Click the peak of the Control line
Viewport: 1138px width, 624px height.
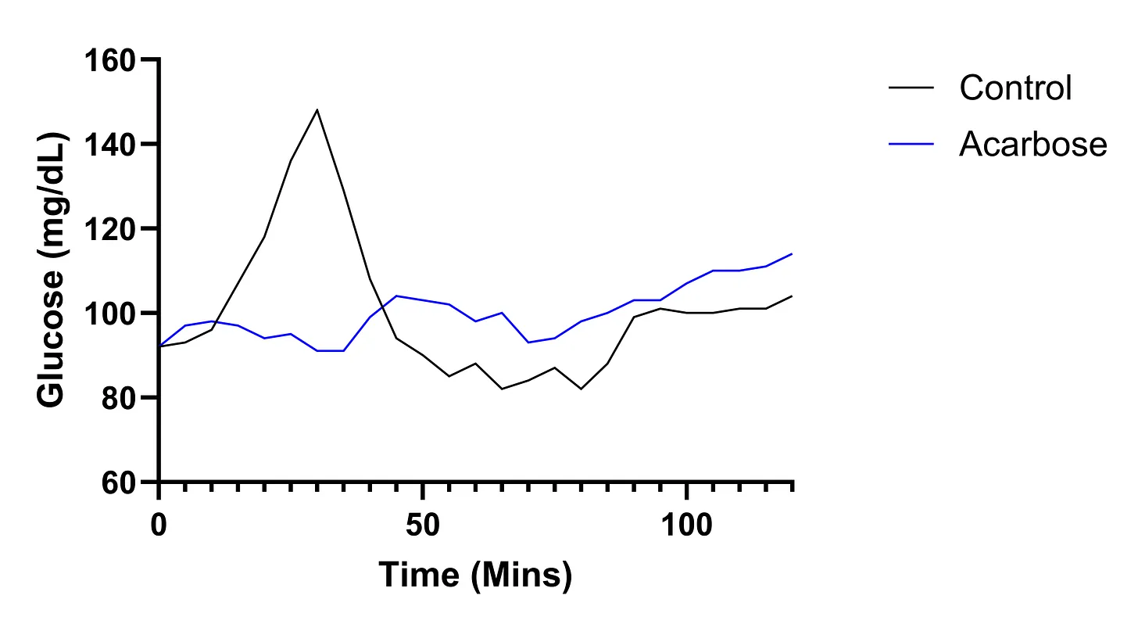click(x=317, y=109)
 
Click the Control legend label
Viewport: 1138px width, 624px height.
click(x=1015, y=88)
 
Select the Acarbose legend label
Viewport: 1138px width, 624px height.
click(x=1032, y=144)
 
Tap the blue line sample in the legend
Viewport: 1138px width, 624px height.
click(x=911, y=144)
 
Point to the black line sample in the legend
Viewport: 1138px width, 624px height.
click(x=911, y=88)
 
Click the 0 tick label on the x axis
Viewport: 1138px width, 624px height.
click(x=159, y=525)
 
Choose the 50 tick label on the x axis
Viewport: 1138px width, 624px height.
click(x=422, y=525)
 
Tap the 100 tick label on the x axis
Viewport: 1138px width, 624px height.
click(x=685, y=525)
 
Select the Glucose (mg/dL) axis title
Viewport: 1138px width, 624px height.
click(x=52, y=271)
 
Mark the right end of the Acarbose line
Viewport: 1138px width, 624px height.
click(x=792, y=254)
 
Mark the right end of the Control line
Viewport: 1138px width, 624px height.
click(x=792, y=296)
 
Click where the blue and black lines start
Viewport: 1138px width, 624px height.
click(x=159, y=346)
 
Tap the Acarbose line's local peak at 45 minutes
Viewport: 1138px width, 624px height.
click(x=396, y=296)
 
